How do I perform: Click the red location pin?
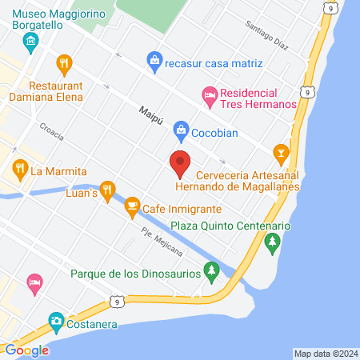point(180,163)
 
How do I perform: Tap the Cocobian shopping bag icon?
point(181,129)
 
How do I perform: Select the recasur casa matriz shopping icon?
point(154,59)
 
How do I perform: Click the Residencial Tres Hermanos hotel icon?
point(209,95)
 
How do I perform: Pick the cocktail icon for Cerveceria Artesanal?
point(281,150)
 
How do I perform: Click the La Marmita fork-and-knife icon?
point(20,170)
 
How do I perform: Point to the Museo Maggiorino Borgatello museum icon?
point(30,41)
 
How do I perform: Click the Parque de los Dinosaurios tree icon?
point(211,273)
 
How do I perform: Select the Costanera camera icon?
point(56,322)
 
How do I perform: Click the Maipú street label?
point(150,112)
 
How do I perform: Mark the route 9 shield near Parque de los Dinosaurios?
point(119,301)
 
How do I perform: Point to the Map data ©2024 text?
point(325,354)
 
